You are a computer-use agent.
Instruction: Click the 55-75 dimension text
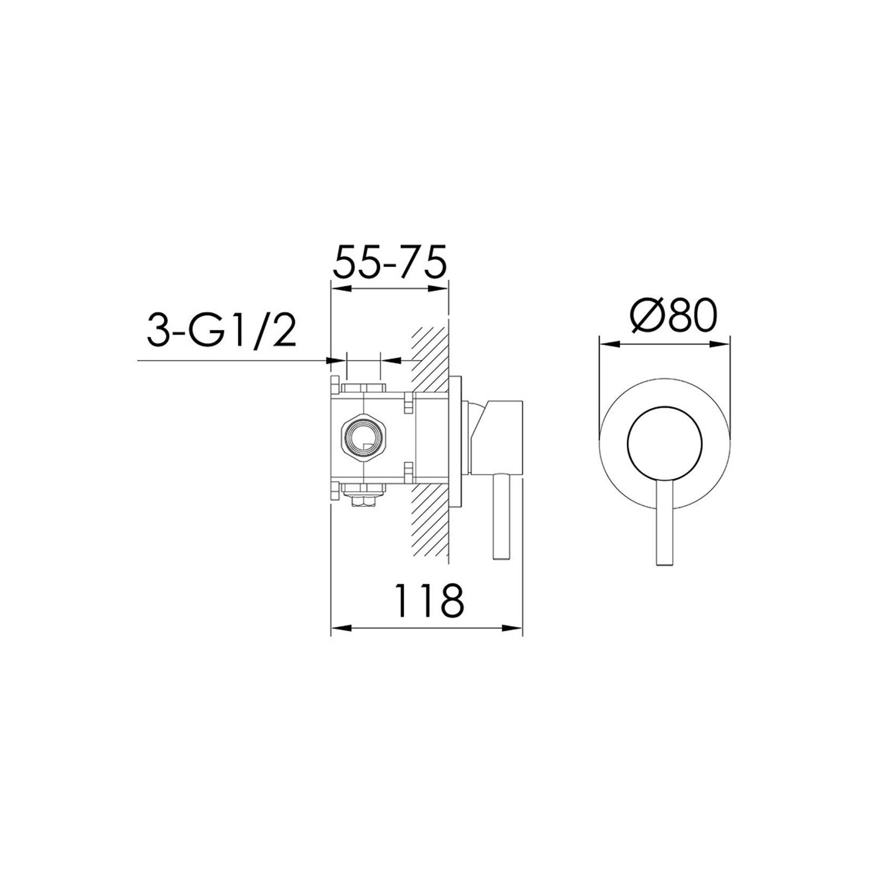pyautogui.click(x=389, y=261)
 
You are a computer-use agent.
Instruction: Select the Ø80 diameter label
pyautogui.click(x=675, y=316)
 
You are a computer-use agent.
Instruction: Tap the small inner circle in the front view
pyautogui.click(x=665, y=444)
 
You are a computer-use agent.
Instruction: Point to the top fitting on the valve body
pyautogui.click(x=363, y=388)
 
